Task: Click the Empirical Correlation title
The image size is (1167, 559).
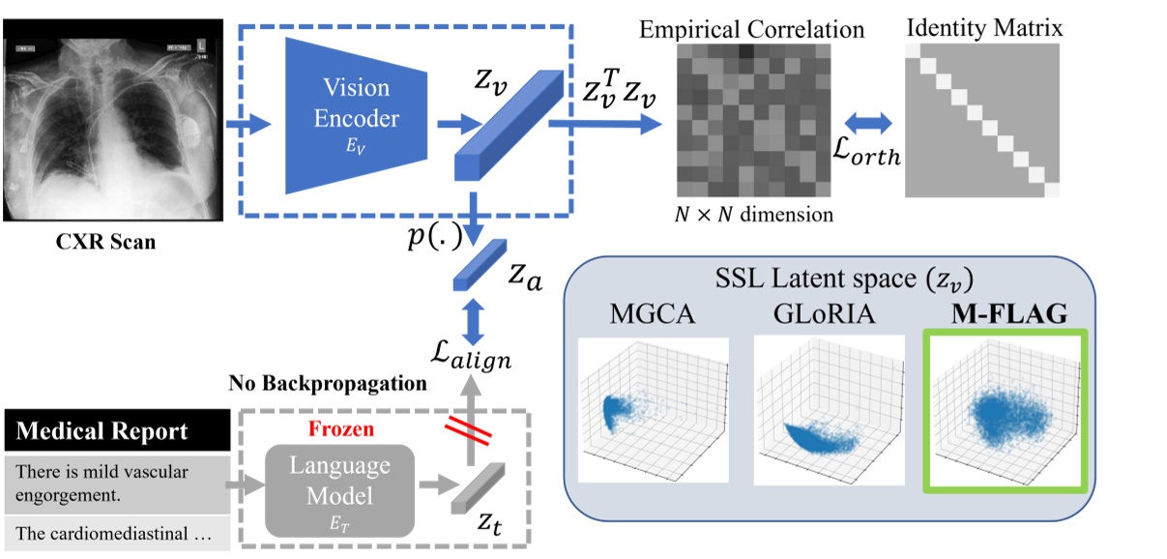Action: click(x=751, y=30)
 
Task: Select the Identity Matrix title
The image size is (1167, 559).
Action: click(x=984, y=28)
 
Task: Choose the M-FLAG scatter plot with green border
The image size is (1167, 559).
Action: click(x=1007, y=410)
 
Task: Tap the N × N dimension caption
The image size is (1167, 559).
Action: click(x=753, y=215)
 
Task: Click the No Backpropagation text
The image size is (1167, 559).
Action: click(x=328, y=384)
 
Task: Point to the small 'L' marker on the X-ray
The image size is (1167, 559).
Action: click(x=201, y=44)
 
